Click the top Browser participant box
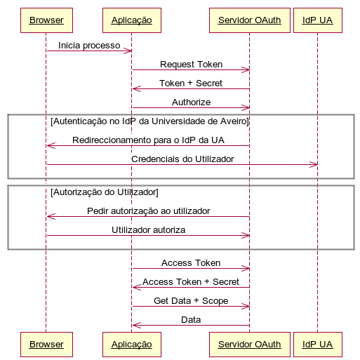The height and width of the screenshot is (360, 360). [x=46, y=20]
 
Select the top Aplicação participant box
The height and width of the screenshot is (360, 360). [x=132, y=20]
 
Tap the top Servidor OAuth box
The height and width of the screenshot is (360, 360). [x=250, y=20]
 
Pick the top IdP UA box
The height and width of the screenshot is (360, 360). [x=318, y=20]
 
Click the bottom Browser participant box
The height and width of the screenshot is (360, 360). [x=46, y=345]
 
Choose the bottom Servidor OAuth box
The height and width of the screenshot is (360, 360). [x=250, y=345]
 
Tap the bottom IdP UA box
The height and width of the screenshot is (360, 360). [x=318, y=345]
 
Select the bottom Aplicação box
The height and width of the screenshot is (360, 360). [x=132, y=345]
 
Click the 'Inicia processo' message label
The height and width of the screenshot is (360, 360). [x=89, y=46]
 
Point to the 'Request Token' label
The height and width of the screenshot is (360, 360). [x=191, y=65]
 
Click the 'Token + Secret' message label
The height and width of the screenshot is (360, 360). [x=191, y=84]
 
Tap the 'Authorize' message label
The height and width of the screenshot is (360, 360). [x=191, y=102]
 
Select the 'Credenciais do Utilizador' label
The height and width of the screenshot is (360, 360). [x=182, y=159]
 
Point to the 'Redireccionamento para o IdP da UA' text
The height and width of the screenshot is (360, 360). [x=148, y=140]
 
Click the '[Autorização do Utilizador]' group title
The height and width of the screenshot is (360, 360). [x=105, y=192]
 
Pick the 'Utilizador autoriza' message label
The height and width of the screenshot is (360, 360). [x=148, y=230]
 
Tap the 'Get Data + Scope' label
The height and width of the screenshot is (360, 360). [x=191, y=301]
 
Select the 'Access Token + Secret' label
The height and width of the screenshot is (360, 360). [x=191, y=282]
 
